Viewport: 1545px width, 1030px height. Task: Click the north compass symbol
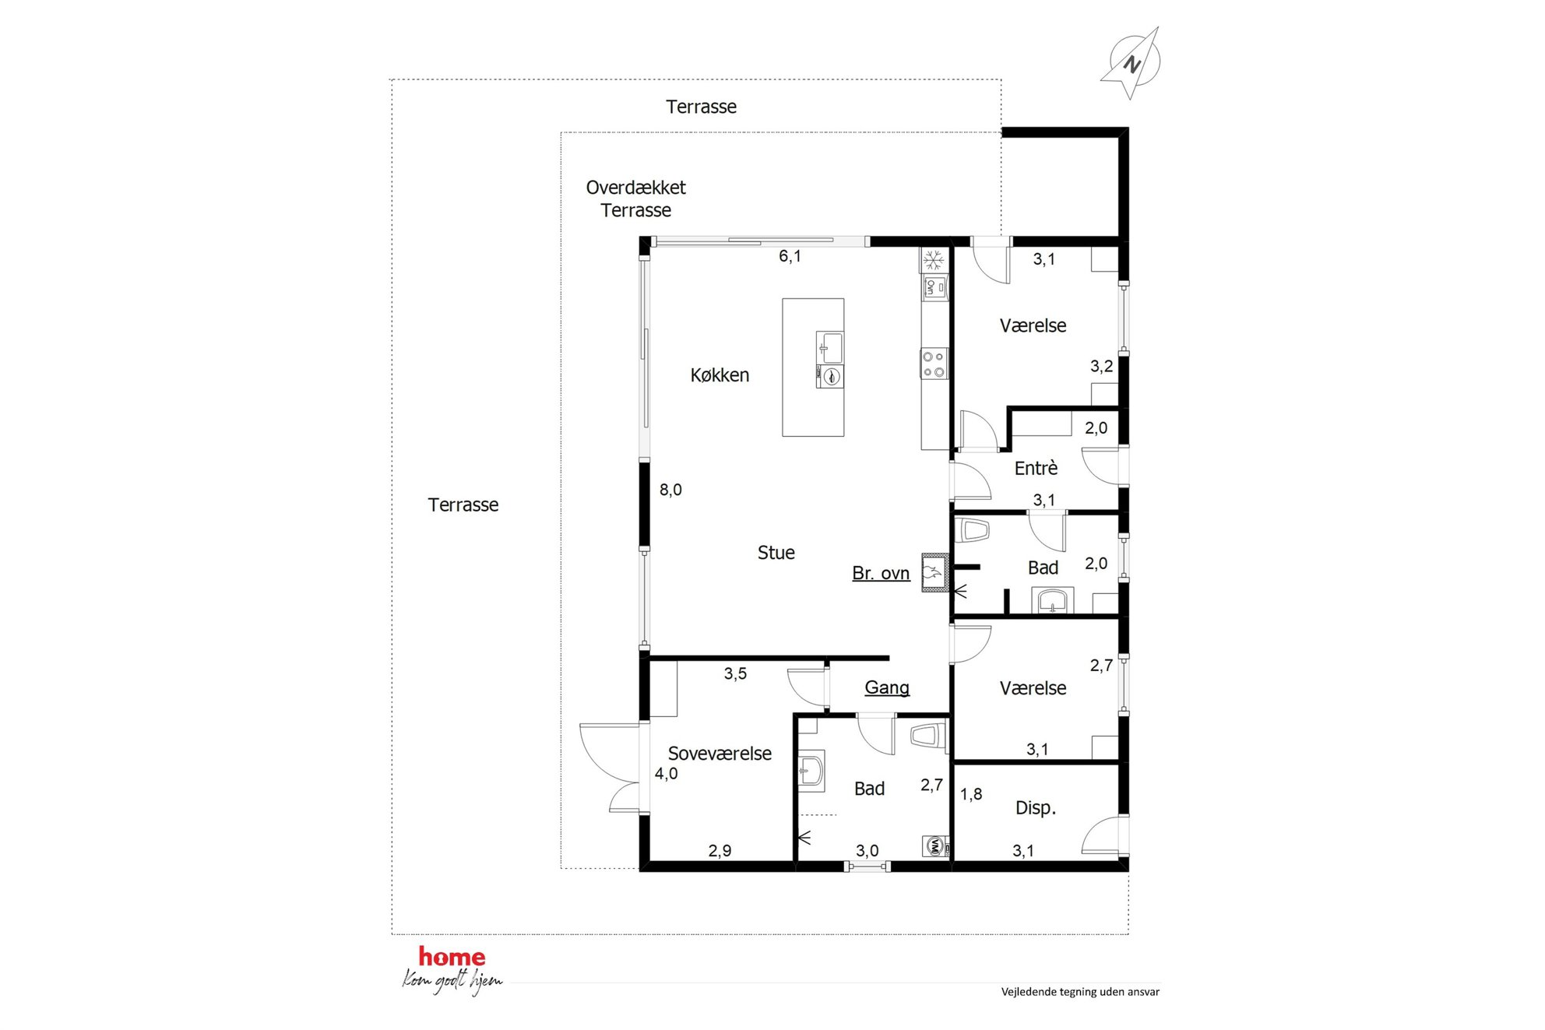click(1131, 63)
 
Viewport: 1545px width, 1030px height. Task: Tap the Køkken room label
click(720, 375)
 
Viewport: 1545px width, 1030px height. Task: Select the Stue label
click(776, 553)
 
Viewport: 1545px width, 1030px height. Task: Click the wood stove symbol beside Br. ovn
click(935, 573)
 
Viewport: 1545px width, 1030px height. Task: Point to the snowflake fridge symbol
click(934, 260)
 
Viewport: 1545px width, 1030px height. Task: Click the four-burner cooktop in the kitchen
click(934, 364)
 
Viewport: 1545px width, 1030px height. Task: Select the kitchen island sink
click(830, 347)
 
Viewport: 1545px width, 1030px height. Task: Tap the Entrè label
click(1036, 468)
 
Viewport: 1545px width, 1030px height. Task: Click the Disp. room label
click(1036, 808)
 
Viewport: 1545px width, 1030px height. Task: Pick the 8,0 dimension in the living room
click(670, 490)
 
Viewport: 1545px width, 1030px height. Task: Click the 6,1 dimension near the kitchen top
click(790, 256)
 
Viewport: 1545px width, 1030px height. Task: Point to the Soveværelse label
click(720, 754)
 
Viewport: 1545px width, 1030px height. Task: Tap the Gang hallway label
click(887, 687)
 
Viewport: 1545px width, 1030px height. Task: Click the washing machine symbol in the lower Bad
click(935, 846)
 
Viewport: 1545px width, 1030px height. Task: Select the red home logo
click(452, 957)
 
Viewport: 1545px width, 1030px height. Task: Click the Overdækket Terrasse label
click(636, 199)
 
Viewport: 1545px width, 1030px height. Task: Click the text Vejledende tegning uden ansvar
click(1080, 992)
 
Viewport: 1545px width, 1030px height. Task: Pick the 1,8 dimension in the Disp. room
click(971, 794)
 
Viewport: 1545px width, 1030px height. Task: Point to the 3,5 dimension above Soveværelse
click(735, 673)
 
